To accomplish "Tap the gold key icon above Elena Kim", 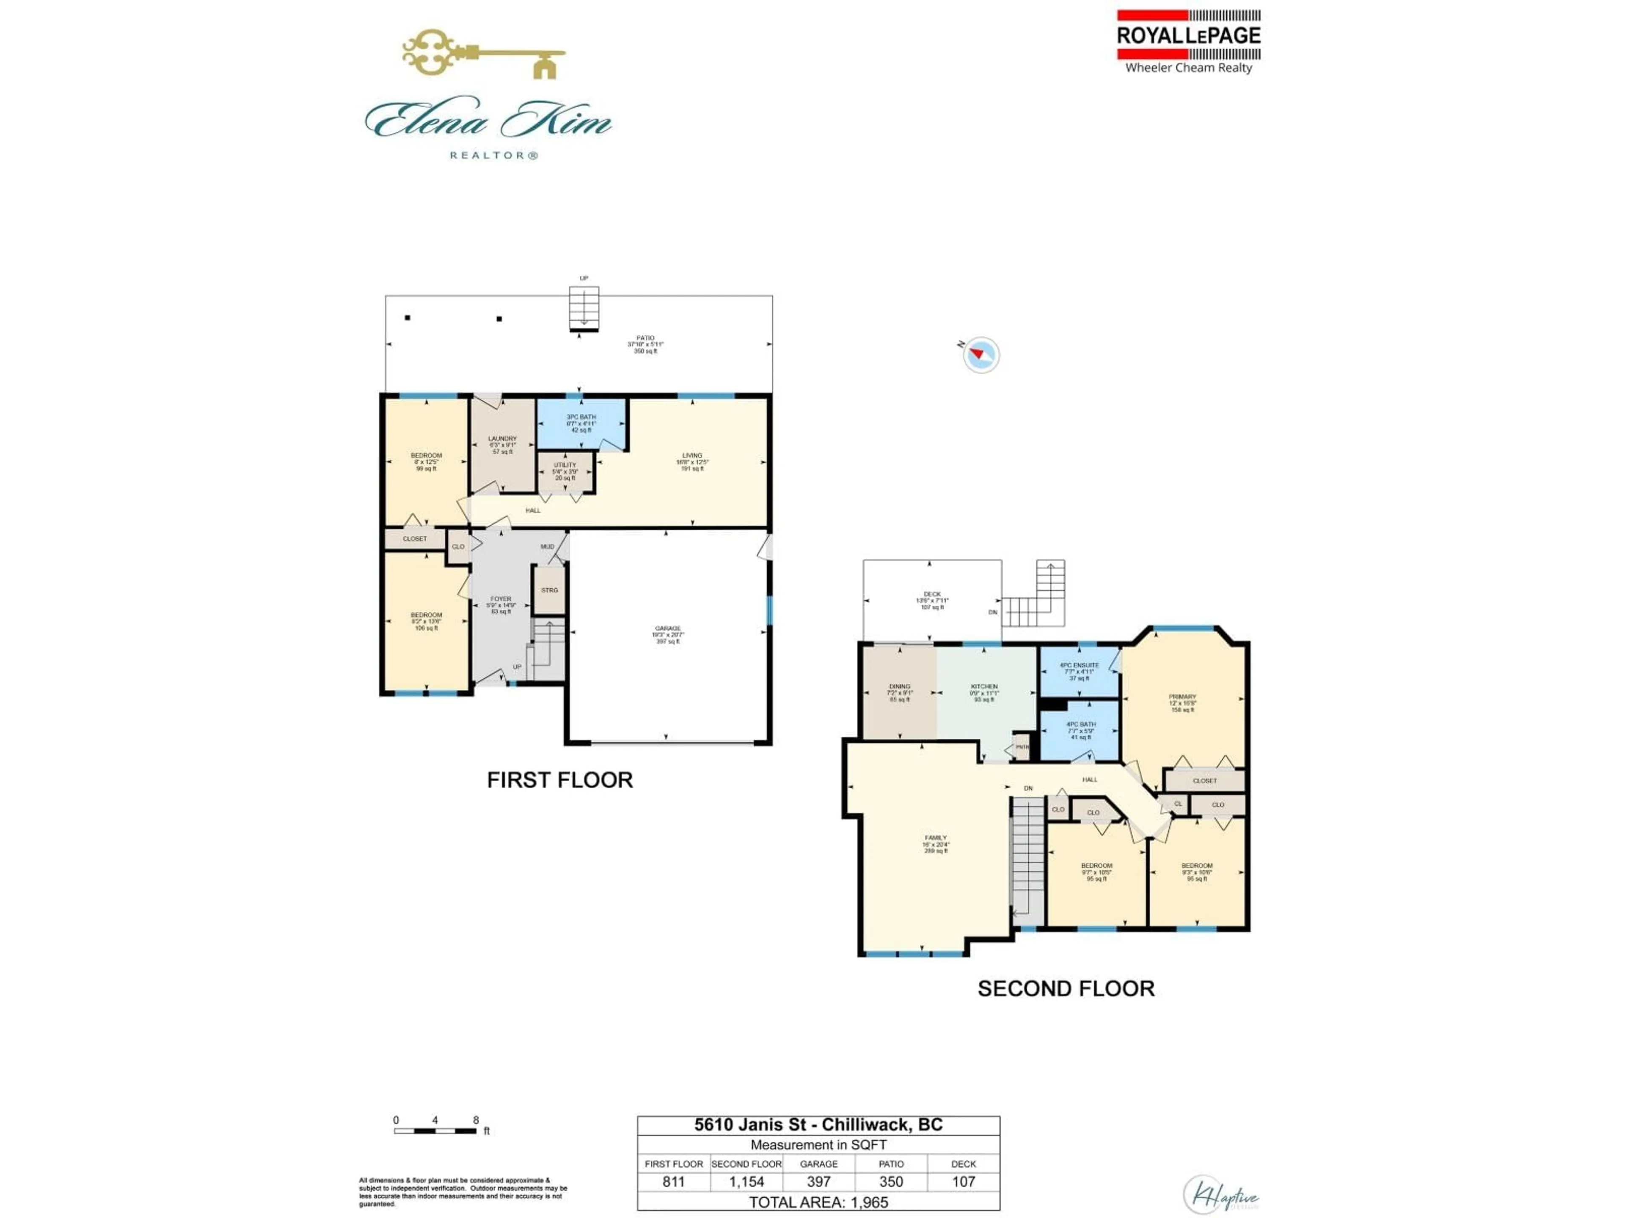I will tap(483, 53).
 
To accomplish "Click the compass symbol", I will tap(981, 354).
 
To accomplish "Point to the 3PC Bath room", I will tap(581, 424).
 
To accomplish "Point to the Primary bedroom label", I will tap(1182, 702).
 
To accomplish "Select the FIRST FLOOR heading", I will tap(560, 780).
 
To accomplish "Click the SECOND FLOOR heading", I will tap(1065, 988).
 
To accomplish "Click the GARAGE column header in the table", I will tap(818, 1164).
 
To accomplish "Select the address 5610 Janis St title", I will tap(818, 1125).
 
